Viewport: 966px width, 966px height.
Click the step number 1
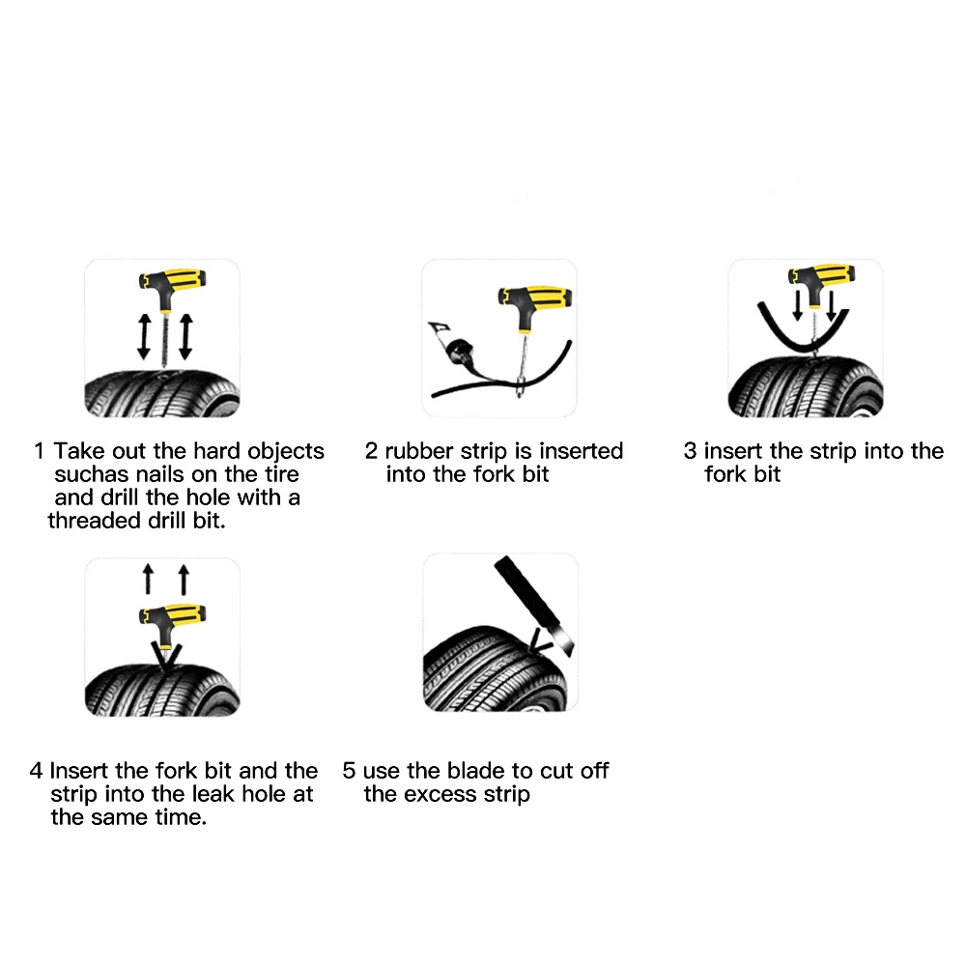pyautogui.click(x=39, y=451)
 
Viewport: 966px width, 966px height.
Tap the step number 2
pyautogui.click(x=371, y=451)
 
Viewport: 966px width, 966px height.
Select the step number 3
pyautogui.click(x=690, y=451)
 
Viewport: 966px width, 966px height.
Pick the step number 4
pyautogui.click(x=36, y=771)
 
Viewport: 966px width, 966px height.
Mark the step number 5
pyautogui.click(x=349, y=771)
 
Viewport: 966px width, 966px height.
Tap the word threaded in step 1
pyautogui.click(x=94, y=521)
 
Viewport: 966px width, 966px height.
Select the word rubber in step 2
pyautogui.click(x=419, y=451)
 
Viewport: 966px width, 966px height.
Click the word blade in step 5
pyautogui.click(x=477, y=771)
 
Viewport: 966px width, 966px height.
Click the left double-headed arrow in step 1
pyautogui.click(x=144, y=336)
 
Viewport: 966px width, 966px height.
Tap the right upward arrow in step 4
pyautogui.click(x=184, y=579)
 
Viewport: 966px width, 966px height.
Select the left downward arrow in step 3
pyautogui.click(x=797, y=305)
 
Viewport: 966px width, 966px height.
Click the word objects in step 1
pyautogui.click(x=286, y=452)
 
